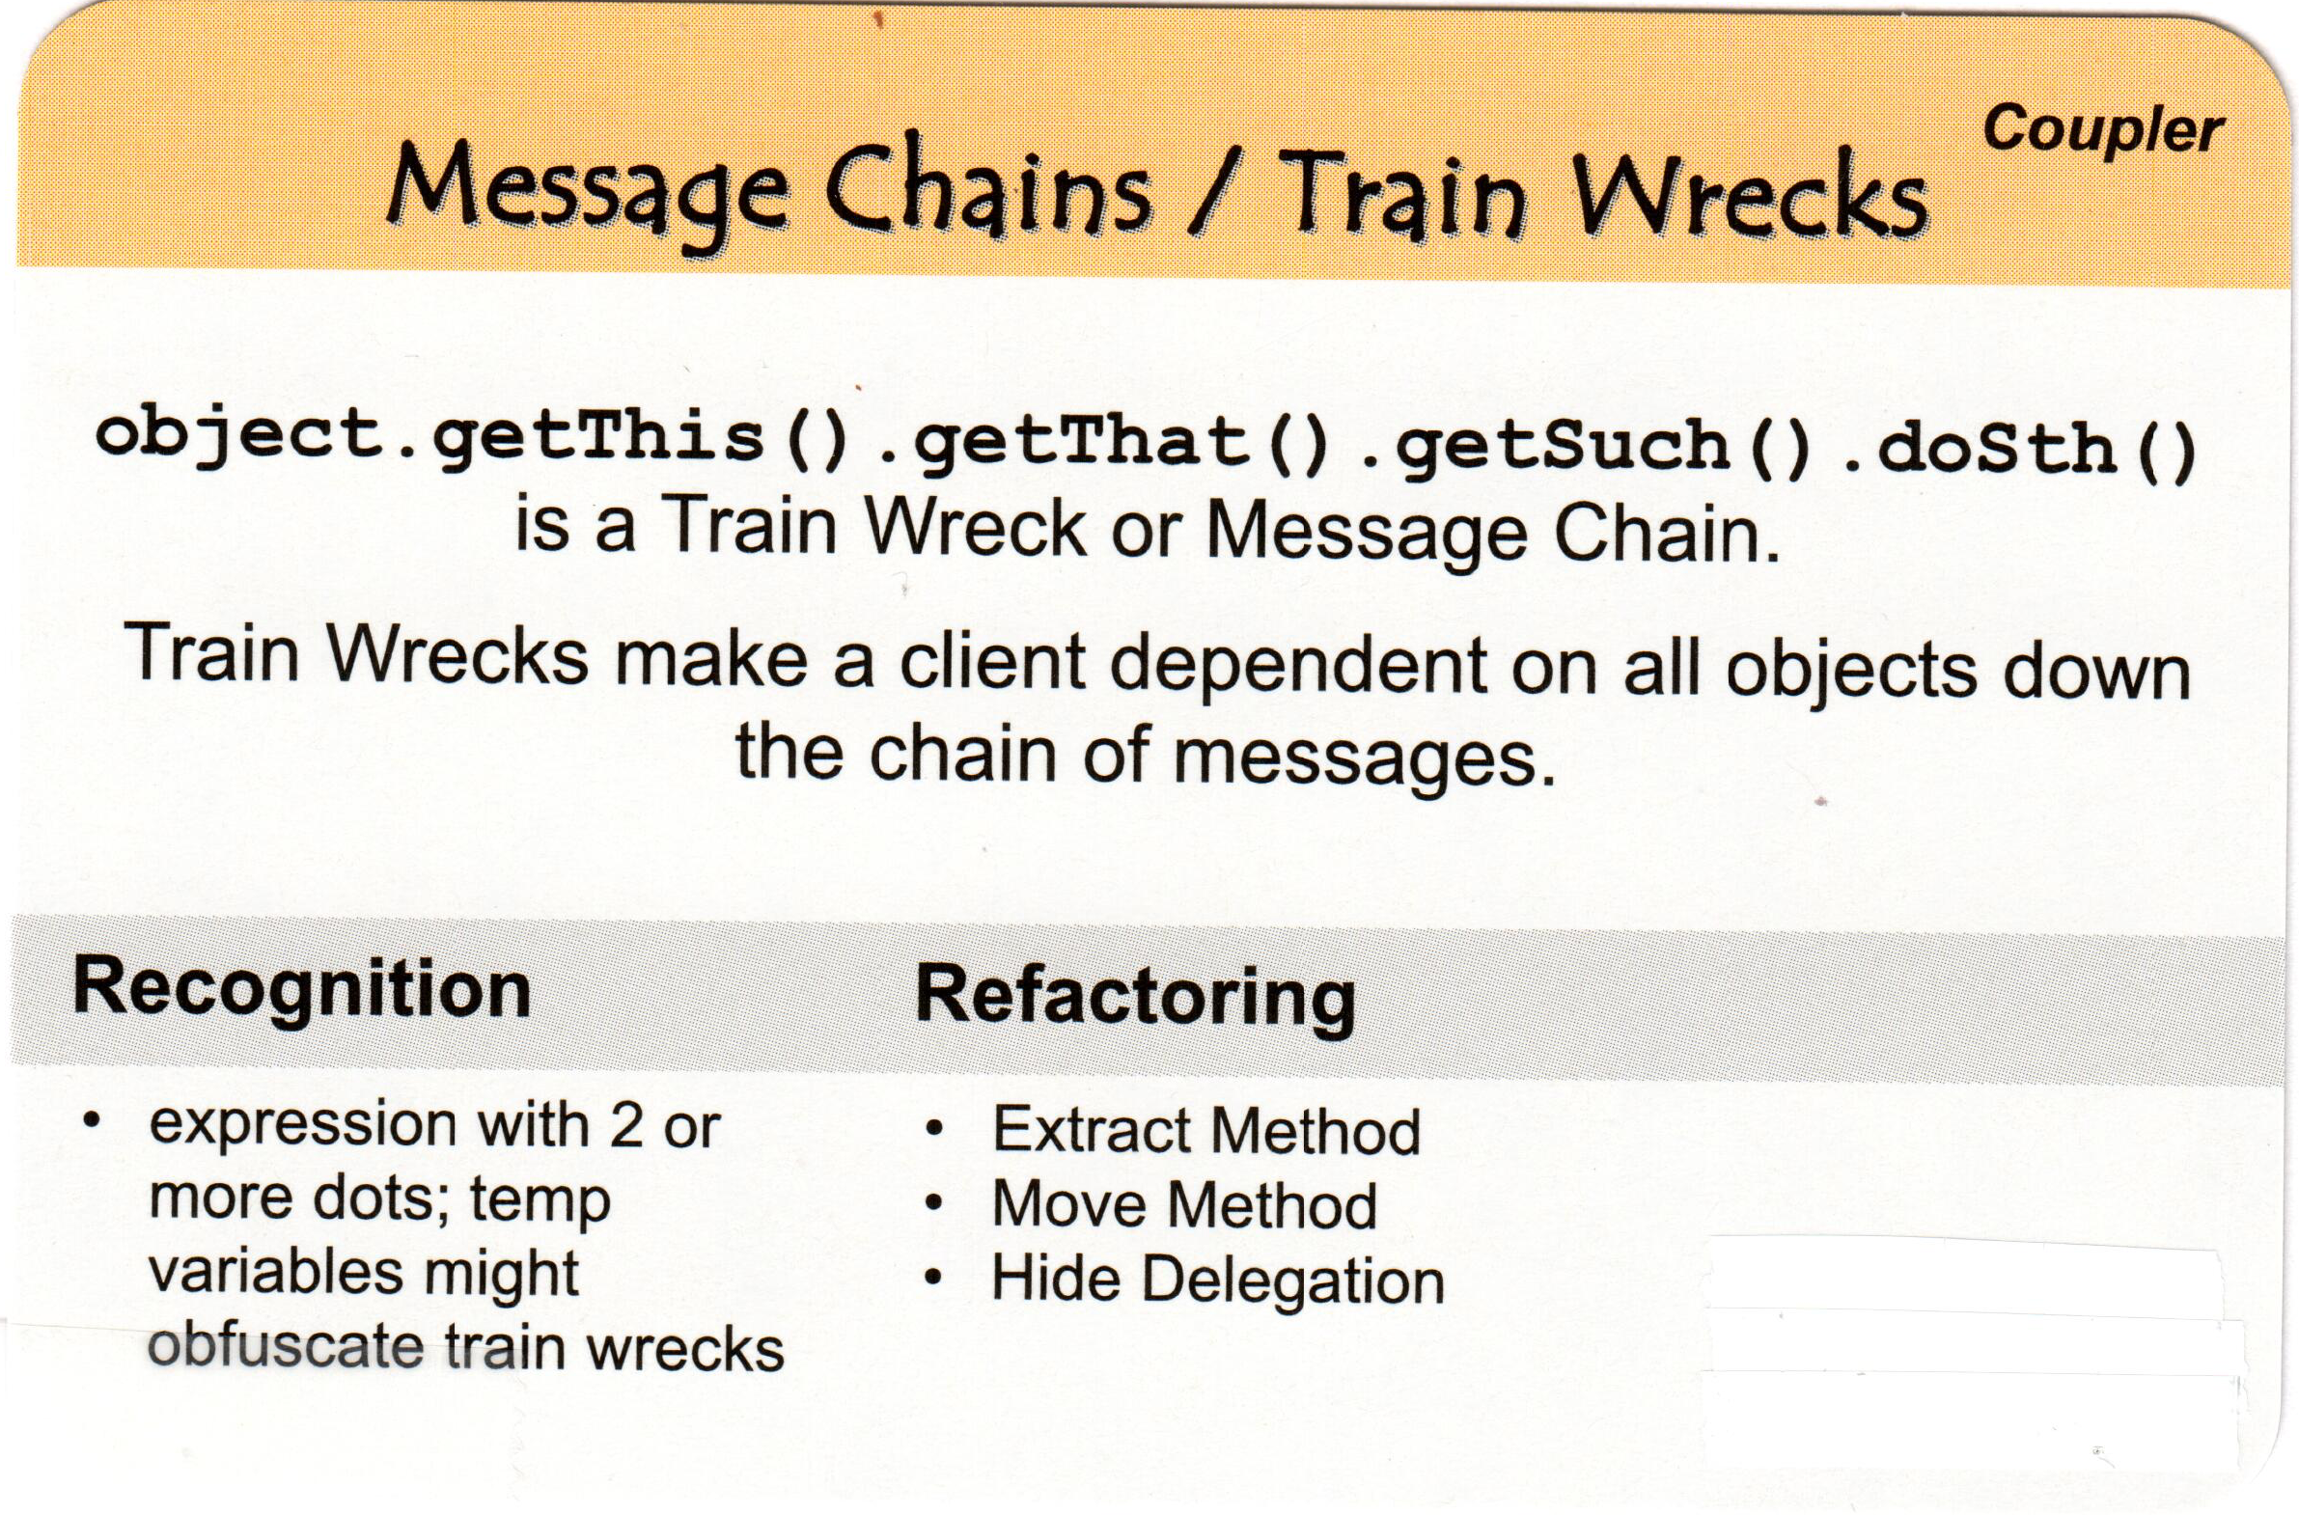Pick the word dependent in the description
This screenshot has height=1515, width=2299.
(x=1300, y=666)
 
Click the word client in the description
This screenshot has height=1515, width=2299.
(x=996, y=664)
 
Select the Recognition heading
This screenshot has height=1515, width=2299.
(x=301, y=987)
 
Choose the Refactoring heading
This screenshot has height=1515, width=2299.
(x=1134, y=996)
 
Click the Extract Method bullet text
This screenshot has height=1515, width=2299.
(x=1206, y=1129)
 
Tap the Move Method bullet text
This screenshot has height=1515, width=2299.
(x=1184, y=1205)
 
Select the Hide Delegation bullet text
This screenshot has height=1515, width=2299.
(x=1218, y=1280)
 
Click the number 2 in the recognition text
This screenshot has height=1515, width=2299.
(x=626, y=1126)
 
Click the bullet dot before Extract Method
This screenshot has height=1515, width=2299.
(x=933, y=1129)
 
